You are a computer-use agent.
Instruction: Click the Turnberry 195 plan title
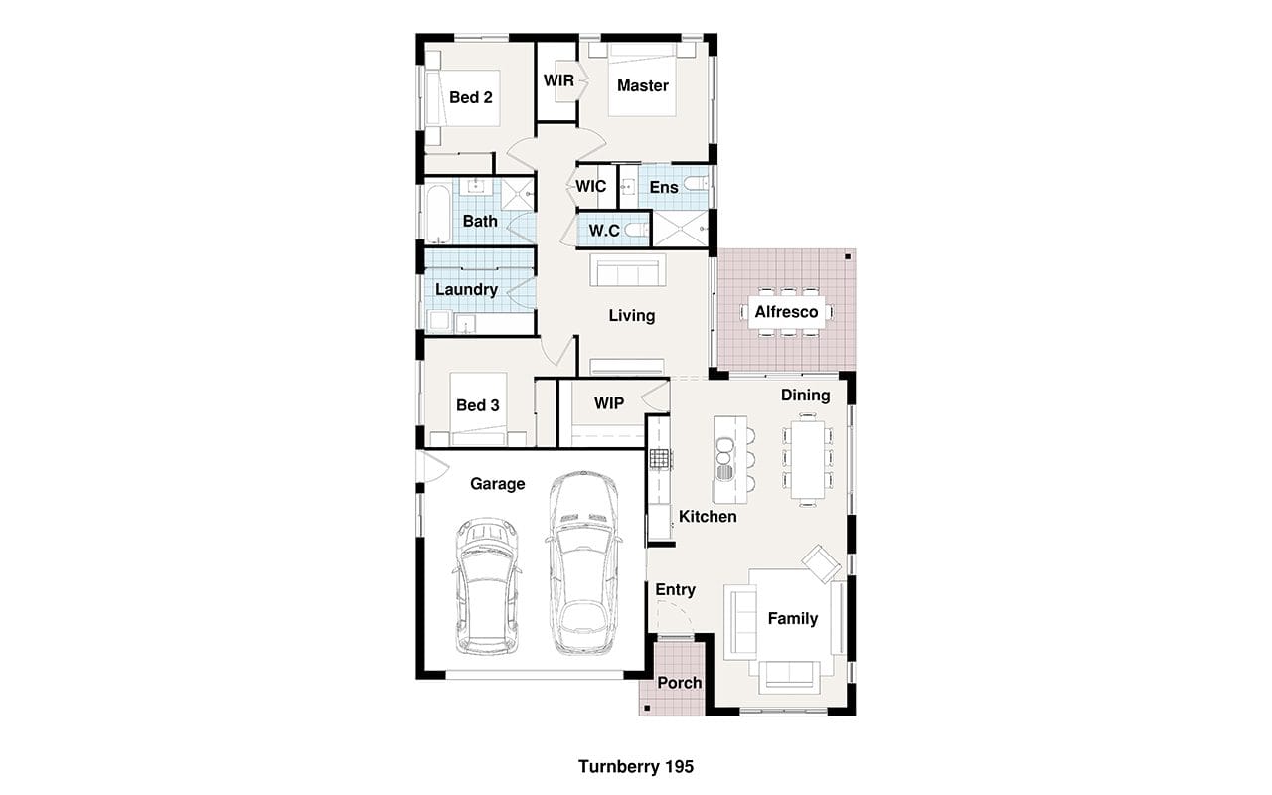635,766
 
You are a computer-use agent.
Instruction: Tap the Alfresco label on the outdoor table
786,312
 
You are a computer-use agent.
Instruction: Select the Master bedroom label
642,85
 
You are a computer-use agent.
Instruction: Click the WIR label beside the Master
558,80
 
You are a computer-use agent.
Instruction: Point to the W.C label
603,230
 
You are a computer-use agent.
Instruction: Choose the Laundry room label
466,289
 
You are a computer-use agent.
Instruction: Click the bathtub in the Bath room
438,213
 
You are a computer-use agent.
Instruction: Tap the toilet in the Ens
696,183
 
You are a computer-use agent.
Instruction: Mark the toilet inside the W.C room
637,230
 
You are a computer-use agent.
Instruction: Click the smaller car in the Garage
487,585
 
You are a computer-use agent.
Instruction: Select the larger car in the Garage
583,562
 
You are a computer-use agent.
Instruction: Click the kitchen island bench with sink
729,459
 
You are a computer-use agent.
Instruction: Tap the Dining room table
808,459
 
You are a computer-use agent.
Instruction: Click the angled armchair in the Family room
821,563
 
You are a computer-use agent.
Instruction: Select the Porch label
679,683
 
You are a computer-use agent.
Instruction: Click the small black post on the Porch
647,709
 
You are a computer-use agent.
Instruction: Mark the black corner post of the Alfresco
848,257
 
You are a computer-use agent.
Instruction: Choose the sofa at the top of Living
627,270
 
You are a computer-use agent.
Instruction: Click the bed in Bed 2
463,98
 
